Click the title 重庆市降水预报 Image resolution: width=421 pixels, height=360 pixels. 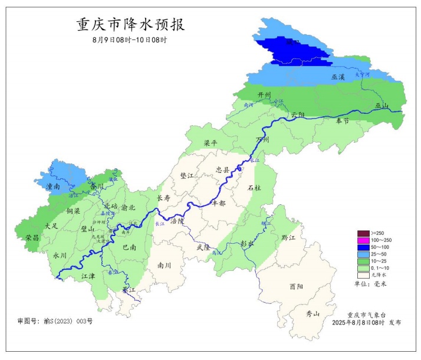(x=130, y=25)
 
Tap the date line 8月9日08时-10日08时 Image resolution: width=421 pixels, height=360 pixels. (x=130, y=40)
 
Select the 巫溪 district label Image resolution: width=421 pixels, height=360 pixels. (x=338, y=77)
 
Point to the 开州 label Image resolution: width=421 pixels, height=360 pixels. (x=264, y=95)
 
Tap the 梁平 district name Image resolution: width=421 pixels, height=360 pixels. (x=210, y=143)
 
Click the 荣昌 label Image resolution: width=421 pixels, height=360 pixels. (x=32, y=237)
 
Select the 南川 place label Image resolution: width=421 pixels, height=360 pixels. (x=163, y=266)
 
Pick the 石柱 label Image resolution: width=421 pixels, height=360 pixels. (x=254, y=188)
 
